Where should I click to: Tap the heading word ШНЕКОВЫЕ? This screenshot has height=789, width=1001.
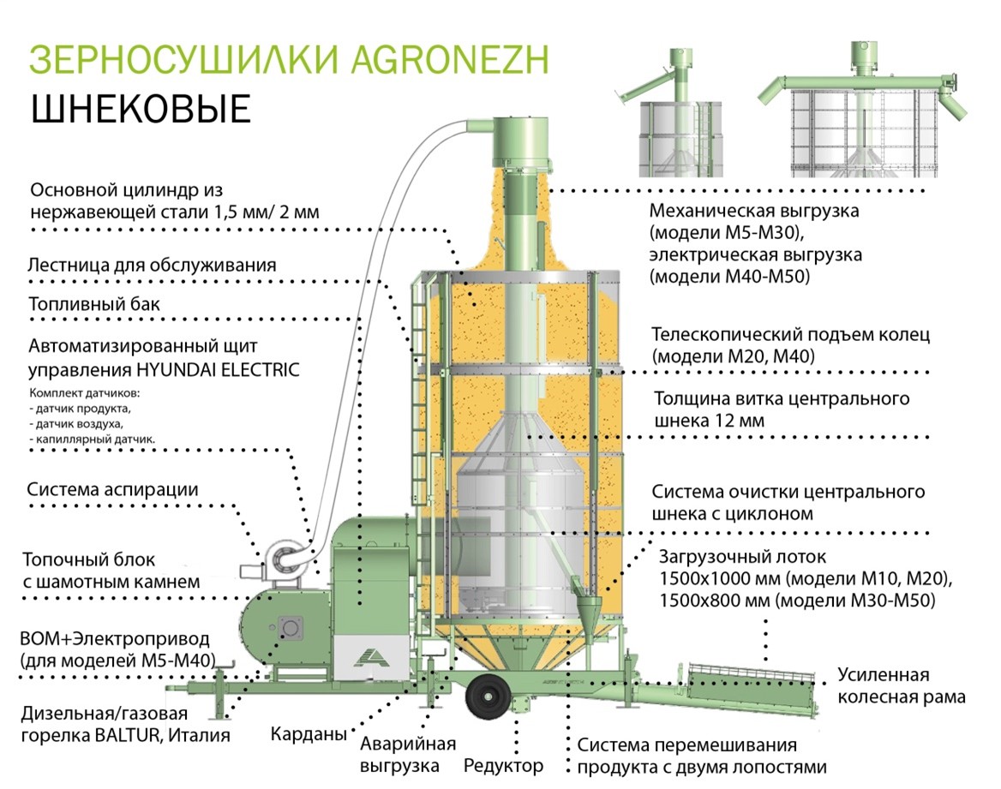[141, 109]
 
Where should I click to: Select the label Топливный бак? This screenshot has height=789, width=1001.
[94, 304]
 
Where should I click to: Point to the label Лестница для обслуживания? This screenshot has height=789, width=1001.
[152, 265]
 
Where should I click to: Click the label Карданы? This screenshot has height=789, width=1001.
[309, 734]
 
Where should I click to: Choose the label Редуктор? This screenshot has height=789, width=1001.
[503, 765]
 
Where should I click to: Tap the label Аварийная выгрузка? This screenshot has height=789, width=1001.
[408, 755]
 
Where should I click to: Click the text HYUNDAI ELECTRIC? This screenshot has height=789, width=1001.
[218, 369]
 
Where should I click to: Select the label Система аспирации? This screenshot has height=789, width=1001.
[112, 490]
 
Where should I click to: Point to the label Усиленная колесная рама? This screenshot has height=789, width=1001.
[901, 685]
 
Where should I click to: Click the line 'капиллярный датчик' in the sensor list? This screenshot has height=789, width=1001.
[93, 439]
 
